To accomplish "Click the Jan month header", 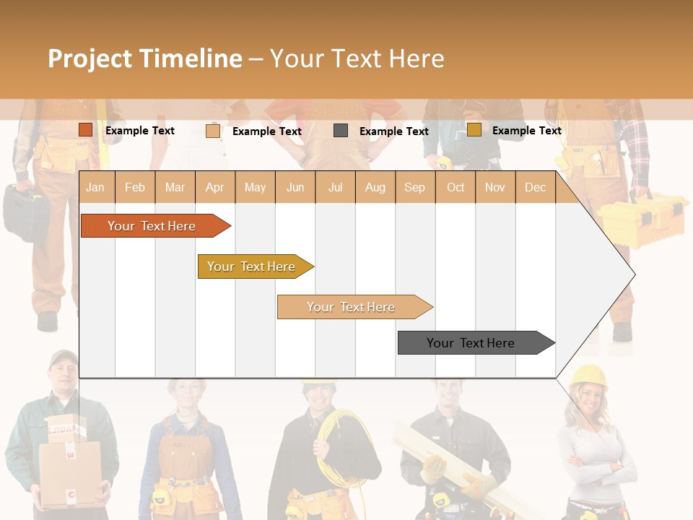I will point(95,187).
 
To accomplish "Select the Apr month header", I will point(214,187).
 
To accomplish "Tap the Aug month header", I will point(375,187).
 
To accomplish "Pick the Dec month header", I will point(535,187).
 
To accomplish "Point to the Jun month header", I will point(295,187).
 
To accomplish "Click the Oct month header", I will point(455,187).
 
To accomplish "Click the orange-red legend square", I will point(85,130).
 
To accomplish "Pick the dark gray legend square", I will point(341,131).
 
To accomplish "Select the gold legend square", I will point(474,130).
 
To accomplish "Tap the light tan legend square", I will point(212,131).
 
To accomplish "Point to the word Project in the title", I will point(90,58).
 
